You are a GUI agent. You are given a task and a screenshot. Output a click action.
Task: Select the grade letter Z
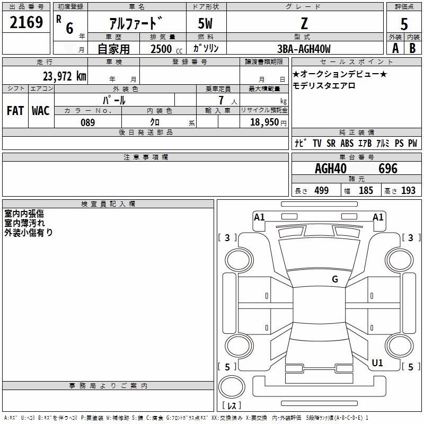(304, 23)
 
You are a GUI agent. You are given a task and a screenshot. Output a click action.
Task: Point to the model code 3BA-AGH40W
(304, 49)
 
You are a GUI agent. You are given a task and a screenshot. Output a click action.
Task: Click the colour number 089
(88, 122)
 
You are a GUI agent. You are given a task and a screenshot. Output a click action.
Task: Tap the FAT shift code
(15, 111)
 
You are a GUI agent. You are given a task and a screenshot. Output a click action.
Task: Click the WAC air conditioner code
(40, 111)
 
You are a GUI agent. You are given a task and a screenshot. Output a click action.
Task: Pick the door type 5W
(206, 23)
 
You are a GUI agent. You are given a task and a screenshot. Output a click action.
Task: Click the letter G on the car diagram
(335, 279)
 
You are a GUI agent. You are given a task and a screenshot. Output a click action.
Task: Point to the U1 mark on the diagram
(377, 363)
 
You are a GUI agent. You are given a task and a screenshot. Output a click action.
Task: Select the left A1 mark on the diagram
(259, 217)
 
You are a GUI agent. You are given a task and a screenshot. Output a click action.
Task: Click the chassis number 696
(388, 169)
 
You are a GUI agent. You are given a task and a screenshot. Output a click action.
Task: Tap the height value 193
(408, 191)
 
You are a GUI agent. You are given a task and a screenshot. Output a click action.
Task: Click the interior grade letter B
(412, 49)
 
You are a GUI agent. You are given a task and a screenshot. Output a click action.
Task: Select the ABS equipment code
(347, 144)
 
